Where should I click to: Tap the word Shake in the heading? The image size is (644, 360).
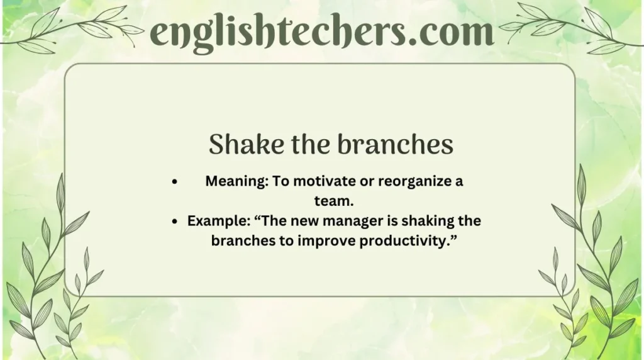coord(239,145)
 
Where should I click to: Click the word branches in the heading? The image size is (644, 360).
coord(396,145)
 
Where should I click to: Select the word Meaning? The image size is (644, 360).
coord(233,182)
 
